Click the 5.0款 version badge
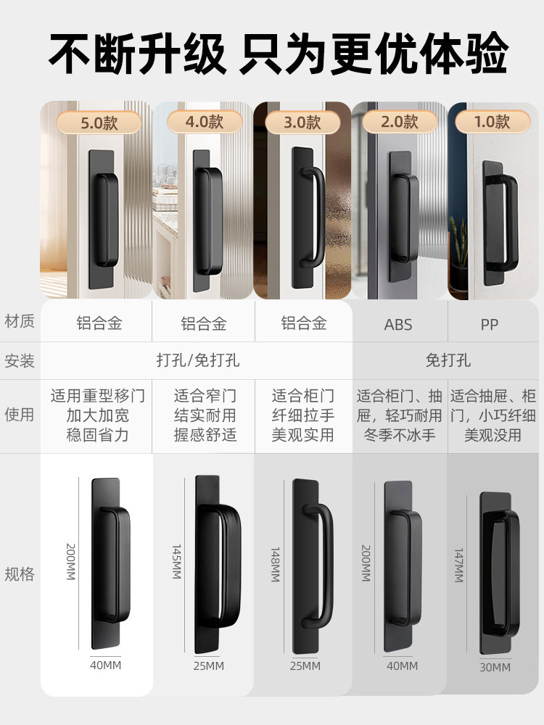99,122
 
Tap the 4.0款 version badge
204,122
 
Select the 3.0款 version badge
302,122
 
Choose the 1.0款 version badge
493,122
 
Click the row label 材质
20,321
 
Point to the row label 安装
20,360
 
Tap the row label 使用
20,415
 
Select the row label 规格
20,574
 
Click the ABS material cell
398,324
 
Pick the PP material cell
490,324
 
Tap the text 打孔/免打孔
198,360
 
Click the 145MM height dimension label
176,561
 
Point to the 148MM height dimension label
276,565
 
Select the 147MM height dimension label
458,565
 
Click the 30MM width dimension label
495,667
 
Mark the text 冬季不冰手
398,435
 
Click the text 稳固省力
97,435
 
